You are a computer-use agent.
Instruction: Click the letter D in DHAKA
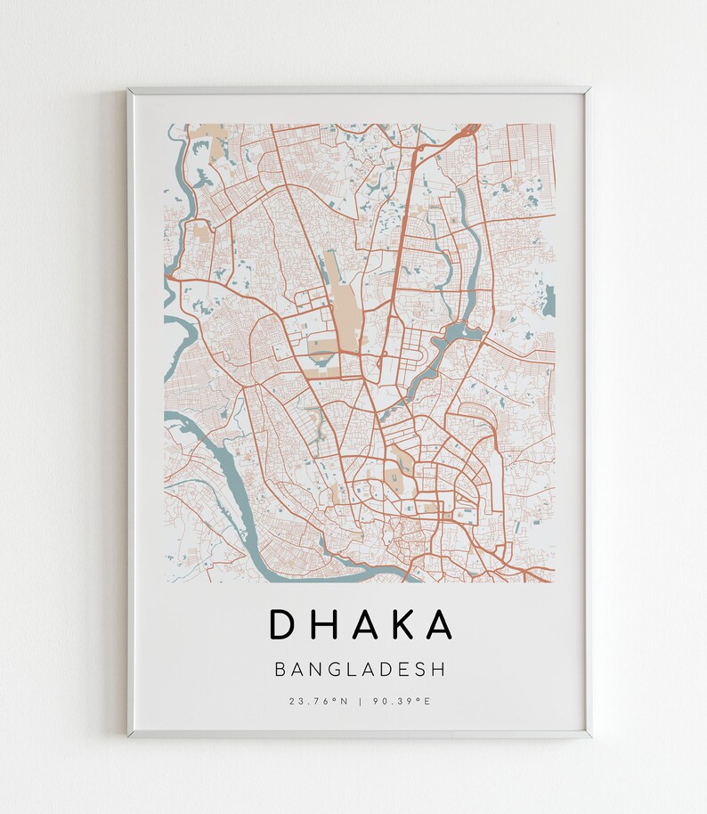[281, 624]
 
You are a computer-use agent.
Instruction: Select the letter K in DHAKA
[400, 624]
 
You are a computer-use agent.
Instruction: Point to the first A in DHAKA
[362, 624]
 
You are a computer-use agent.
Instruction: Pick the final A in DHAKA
[438, 624]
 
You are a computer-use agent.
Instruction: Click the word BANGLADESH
[360, 669]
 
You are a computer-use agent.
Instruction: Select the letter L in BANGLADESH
[351, 669]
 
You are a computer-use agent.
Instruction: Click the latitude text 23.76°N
[318, 702]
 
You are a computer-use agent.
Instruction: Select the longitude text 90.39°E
[402, 702]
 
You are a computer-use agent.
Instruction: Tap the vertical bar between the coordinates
[360, 702]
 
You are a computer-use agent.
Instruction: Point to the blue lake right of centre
[458, 336]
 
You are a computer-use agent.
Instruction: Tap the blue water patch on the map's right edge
[549, 300]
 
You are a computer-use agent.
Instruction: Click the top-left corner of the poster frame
[129, 89]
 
